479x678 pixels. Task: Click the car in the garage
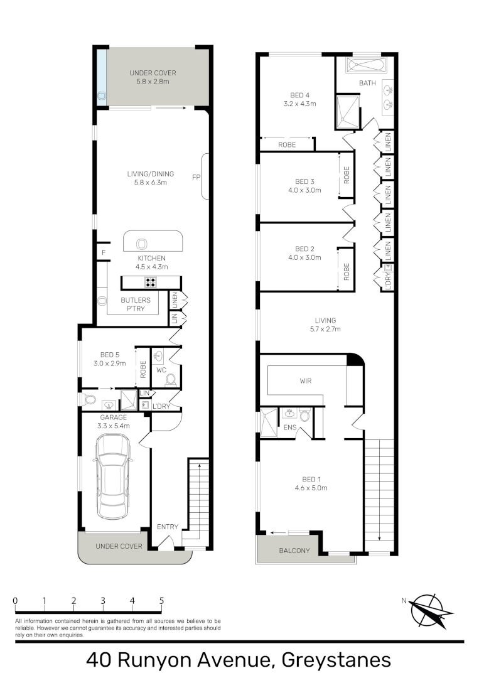113,469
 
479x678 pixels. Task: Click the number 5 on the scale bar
162,600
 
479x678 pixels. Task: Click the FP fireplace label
196,178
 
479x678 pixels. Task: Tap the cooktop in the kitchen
151,282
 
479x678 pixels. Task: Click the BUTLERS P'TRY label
136,304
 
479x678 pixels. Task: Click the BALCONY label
294,551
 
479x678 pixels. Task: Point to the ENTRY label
168,527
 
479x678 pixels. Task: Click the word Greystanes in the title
336,660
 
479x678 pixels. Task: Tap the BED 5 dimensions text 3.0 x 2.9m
109,363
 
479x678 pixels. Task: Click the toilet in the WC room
170,379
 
